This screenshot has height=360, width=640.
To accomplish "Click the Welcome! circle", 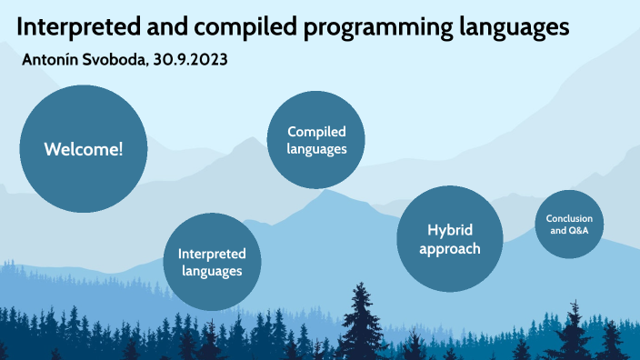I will (x=83, y=149).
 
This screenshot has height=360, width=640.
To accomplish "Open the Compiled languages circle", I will (x=316, y=141).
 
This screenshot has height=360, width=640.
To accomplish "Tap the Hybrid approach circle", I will (x=450, y=239).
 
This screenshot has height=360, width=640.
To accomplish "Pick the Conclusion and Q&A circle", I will (x=569, y=225).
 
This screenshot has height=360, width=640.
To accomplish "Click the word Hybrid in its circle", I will (x=450, y=230).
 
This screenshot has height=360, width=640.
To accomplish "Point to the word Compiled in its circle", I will (x=316, y=132).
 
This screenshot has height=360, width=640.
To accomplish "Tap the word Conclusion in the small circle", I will (x=569, y=218).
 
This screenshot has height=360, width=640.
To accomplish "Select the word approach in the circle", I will (x=450, y=249).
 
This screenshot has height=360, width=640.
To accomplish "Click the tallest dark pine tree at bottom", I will (x=362, y=323).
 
